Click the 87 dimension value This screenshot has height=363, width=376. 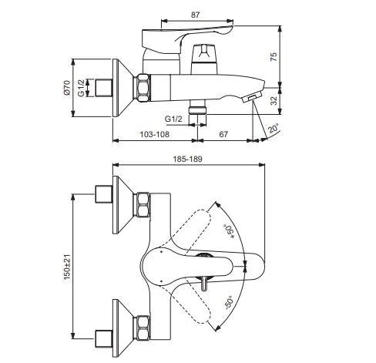pyautogui.click(x=195, y=15)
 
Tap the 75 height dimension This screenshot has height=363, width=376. pyautogui.click(x=274, y=56)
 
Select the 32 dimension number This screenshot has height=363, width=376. pyautogui.click(x=274, y=100)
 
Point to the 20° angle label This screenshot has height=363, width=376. pyautogui.click(x=274, y=129)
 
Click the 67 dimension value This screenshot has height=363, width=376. pyautogui.click(x=223, y=134)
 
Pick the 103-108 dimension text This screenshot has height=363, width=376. pyautogui.click(x=155, y=134)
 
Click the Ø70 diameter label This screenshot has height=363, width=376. pyautogui.click(x=67, y=88)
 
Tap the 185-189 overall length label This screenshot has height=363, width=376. pyautogui.click(x=187, y=159)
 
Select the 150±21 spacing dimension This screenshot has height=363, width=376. pyautogui.click(x=67, y=267)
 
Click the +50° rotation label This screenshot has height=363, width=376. pyautogui.click(x=229, y=232)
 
